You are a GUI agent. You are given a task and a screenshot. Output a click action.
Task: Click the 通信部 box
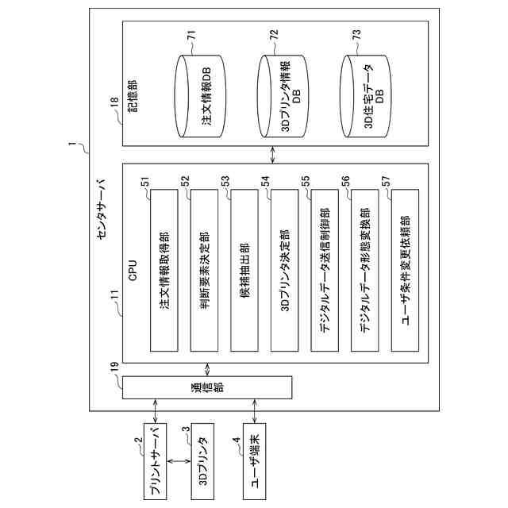[x=206, y=387]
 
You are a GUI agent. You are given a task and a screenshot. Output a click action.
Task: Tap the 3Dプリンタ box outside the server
[x=202, y=460]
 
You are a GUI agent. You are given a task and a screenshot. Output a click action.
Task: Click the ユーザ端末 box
[x=255, y=460]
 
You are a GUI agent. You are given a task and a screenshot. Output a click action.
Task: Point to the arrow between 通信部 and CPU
[x=208, y=369]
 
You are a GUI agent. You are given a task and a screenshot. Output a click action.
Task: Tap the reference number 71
[x=190, y=35]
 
